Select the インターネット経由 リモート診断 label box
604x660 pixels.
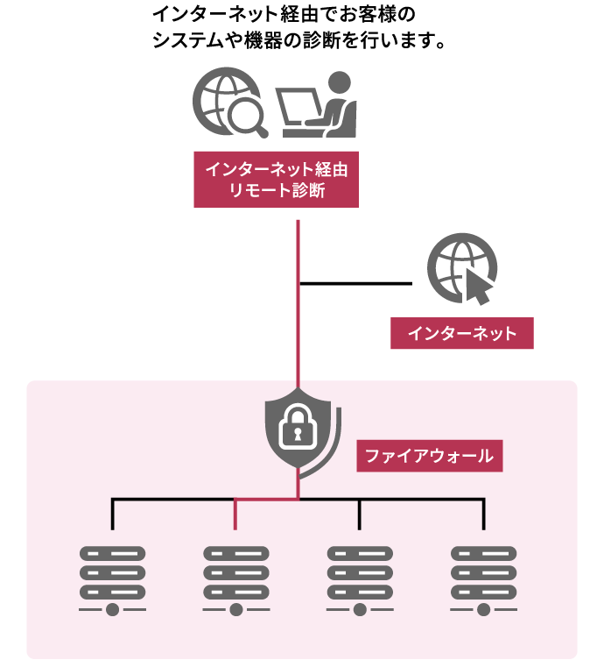pos(277,179)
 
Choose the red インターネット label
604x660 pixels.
pos(461,333)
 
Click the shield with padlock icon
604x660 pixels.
pos(298,430)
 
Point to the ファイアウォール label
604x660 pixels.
pos(429,456)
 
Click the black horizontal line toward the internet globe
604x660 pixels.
pos(355,283)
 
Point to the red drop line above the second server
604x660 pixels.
pos(235,515)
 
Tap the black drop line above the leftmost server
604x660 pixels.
pos(112,515)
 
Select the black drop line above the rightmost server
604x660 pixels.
pos(483,515)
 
